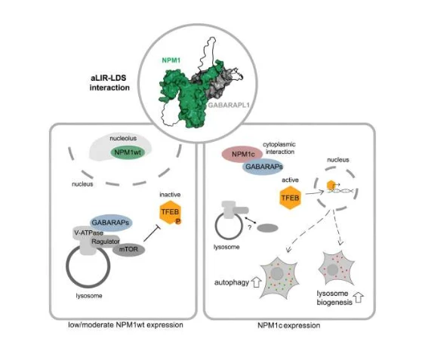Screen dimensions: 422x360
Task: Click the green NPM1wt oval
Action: (128, 152)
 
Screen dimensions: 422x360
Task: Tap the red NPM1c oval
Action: (242, 155)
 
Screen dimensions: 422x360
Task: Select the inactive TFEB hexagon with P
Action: (170, 213)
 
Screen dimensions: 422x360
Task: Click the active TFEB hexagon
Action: (290, 198)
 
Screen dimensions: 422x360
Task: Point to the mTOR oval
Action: (128, 249)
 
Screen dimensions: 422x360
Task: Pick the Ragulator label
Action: (106, 242)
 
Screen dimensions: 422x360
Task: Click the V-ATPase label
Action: (88, 232)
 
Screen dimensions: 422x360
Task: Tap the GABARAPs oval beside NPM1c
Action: (263, 167)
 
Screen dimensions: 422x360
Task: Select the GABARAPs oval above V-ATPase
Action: (111, 223)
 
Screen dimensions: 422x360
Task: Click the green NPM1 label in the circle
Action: (171, 60)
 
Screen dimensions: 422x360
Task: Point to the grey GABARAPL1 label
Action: (229, 105)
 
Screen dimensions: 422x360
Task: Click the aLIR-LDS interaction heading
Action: (109, 83)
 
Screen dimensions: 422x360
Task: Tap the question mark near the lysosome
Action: (249, 228)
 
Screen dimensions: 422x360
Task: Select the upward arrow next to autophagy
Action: (256, 282)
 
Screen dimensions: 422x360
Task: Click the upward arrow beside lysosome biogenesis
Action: (359, 297)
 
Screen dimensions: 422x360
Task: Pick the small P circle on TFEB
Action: (178, 221)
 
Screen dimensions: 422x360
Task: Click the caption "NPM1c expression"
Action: (289, 325)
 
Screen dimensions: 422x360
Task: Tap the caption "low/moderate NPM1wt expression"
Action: (125, 325)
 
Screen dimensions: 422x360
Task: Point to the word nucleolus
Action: (123, 138)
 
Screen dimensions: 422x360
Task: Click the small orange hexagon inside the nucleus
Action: (331, 185)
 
